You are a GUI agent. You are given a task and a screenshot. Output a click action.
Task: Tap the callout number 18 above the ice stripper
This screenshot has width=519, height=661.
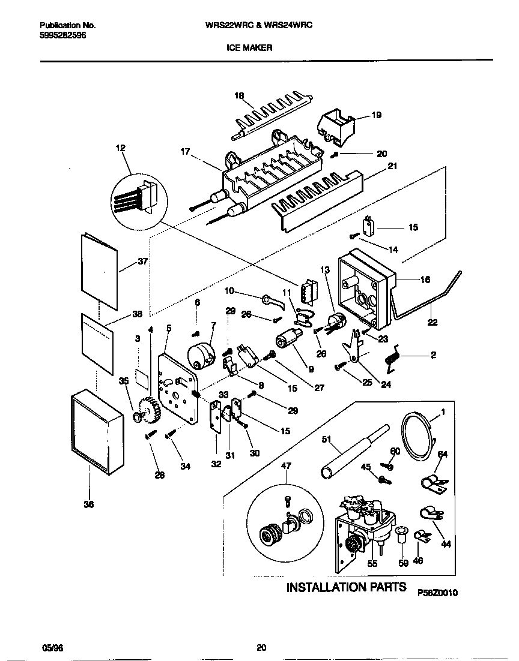click(x=239, y=97)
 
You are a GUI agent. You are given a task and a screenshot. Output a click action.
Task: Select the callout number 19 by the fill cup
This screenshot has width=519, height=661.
click(x=377, y=115)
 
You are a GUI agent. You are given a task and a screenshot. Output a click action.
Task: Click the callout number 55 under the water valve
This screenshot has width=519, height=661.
click(x=372, y=564)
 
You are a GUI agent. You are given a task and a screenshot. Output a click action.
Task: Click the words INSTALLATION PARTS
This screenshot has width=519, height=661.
click(x=346, y=587)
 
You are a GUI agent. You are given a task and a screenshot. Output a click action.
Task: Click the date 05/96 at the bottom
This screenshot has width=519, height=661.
click(x=52, y=647)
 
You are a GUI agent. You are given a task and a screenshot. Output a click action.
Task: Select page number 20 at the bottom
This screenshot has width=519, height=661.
click(x=261, y=647)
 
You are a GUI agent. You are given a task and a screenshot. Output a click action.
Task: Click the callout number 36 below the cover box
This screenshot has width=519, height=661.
click(x=88, y=505)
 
